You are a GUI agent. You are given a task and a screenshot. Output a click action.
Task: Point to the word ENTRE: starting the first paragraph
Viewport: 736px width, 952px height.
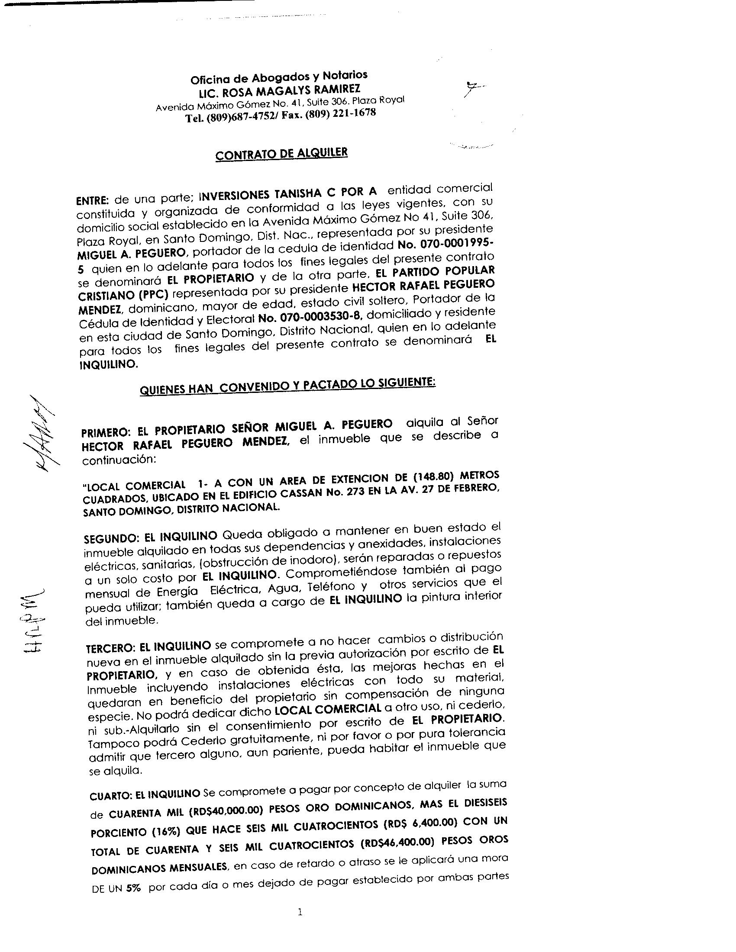tap(91, 201)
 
